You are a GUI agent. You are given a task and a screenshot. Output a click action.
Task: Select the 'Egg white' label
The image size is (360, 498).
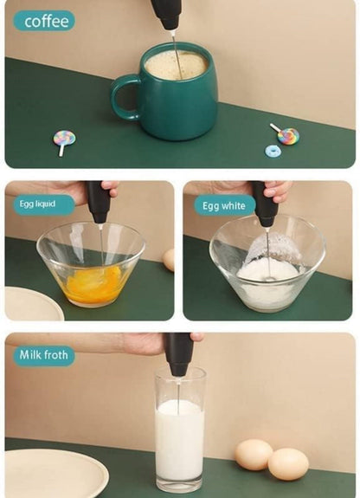[x=225, y=205]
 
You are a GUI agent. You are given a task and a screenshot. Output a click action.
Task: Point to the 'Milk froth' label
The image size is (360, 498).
[x=44, y=356]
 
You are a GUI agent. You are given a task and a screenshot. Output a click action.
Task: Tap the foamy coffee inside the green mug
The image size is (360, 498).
[x=177, y=65]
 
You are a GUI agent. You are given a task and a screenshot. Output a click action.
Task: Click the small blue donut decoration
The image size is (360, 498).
[x=273, y=152]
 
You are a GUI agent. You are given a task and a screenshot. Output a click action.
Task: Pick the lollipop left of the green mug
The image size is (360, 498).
[x=64, y=142]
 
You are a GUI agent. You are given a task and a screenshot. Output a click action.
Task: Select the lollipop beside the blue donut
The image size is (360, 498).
[x=286, y=134]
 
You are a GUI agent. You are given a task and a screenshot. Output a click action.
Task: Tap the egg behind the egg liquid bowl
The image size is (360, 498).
[x=170, y=260]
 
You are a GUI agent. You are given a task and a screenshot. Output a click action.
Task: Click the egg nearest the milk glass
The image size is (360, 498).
[x=254, y=454]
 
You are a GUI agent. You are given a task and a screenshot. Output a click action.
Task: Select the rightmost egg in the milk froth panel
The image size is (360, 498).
[x=288, y=463]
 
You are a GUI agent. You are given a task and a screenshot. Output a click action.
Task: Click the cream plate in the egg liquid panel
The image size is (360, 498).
[x=34, y=304]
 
